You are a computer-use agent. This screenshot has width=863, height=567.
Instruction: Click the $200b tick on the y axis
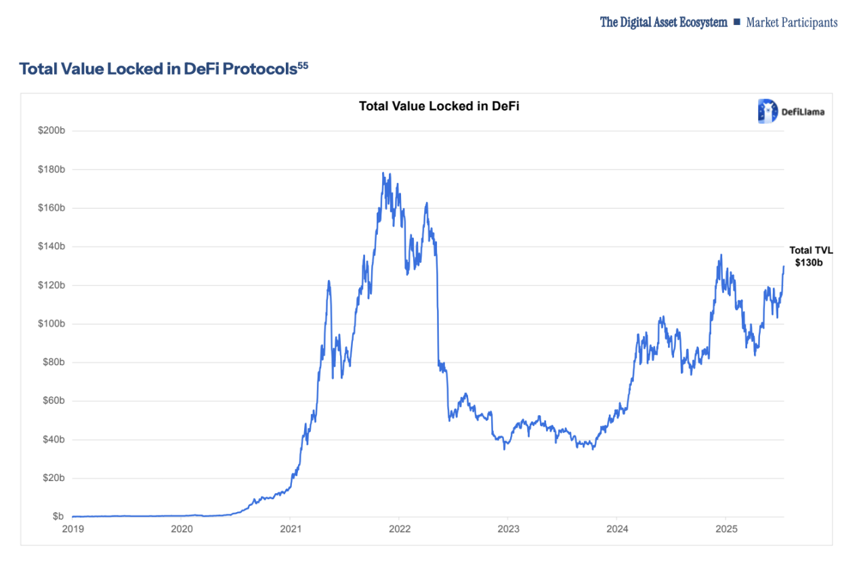[51, 130]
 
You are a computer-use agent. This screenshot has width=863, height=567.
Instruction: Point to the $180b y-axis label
[51, 169]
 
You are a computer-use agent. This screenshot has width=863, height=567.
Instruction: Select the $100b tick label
[51, 323]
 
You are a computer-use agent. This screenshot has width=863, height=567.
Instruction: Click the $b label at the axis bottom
[58, 516]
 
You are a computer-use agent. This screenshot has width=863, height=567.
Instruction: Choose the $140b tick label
[51, 246]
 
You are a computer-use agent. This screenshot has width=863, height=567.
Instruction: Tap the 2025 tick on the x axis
[725, 528]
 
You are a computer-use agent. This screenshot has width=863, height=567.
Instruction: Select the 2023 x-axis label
[508, 528]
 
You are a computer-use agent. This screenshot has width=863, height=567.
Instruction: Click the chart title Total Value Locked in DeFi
[438, 106]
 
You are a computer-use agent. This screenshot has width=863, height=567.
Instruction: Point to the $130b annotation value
[809, 262]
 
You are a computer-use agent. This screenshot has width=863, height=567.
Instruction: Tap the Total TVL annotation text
[811, 250]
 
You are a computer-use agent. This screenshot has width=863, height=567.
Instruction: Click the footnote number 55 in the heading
[303, 65]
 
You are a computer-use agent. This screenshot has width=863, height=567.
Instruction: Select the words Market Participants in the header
[791, 22]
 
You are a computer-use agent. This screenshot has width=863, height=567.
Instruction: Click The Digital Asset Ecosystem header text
[663, 22]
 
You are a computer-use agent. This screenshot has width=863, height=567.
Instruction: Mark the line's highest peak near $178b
[383, 173]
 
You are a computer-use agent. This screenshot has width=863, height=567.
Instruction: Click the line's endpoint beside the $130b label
[784, 266]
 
